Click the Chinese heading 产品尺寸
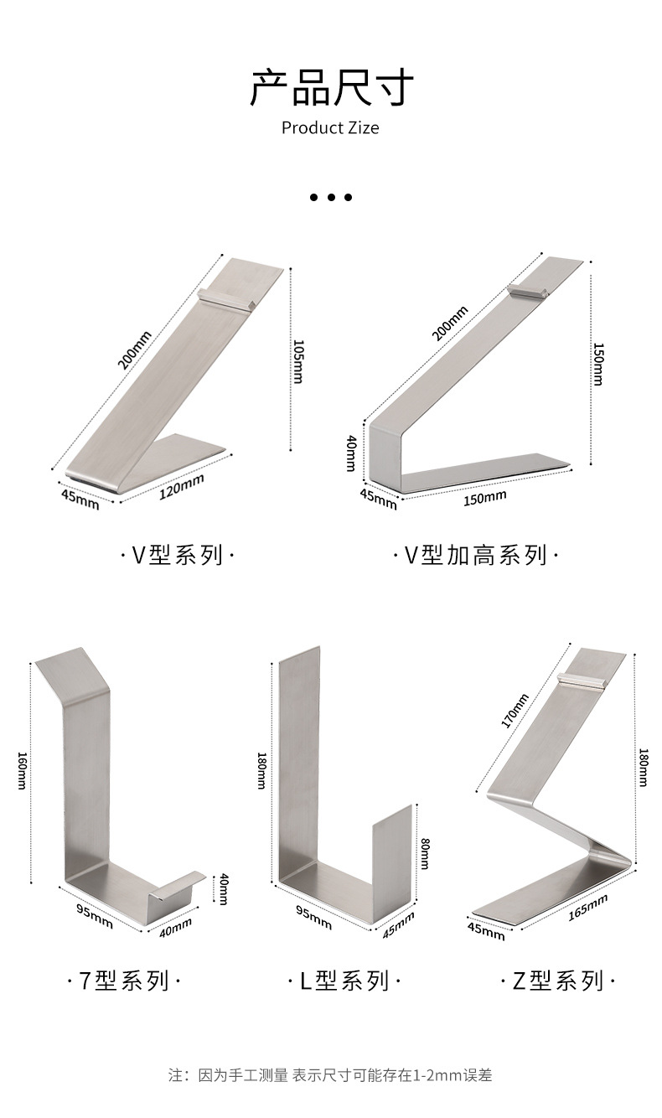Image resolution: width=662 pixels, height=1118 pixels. coord(331,88)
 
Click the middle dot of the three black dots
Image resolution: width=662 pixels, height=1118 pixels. coord(331,198)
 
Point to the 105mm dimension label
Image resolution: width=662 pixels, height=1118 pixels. coord(297,360)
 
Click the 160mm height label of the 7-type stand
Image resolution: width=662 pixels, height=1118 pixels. coord(23,770)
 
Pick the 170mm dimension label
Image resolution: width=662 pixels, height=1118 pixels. coord(515,712)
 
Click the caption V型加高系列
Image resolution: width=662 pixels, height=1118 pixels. coord(475,555)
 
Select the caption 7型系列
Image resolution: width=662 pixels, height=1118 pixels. coord(123,981)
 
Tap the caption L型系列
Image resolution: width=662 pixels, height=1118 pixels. coord(344,981)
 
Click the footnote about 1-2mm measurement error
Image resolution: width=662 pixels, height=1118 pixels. coord(331,1075)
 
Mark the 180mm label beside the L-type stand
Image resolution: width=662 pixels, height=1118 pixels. coord(261,770)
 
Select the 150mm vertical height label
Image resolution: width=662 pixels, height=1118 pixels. coord(597,364)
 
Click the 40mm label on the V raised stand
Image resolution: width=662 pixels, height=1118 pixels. coord(352,453)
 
